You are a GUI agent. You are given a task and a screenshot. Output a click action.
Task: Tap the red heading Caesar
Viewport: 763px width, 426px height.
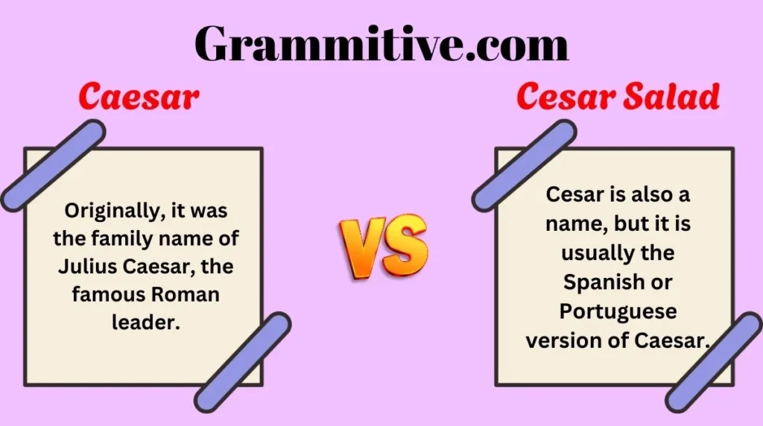pos(139,98)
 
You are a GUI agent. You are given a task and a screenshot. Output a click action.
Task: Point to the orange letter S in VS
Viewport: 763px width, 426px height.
pos(405,245)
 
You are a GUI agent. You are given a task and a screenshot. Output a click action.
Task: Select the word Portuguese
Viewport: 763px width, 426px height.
pos(618,311)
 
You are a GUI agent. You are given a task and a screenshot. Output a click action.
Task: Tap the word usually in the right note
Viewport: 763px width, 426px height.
pos(591,253)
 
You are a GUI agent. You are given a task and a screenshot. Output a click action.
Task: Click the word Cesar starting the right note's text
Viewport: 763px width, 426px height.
pos(572,195)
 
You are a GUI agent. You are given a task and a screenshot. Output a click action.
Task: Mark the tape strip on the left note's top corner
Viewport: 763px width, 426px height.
pos(52,164)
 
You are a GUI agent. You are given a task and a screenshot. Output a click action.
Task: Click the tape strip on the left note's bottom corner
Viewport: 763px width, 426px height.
pos(243,360)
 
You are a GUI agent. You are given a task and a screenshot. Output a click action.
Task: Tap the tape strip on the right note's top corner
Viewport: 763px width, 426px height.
pos(524,165)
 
